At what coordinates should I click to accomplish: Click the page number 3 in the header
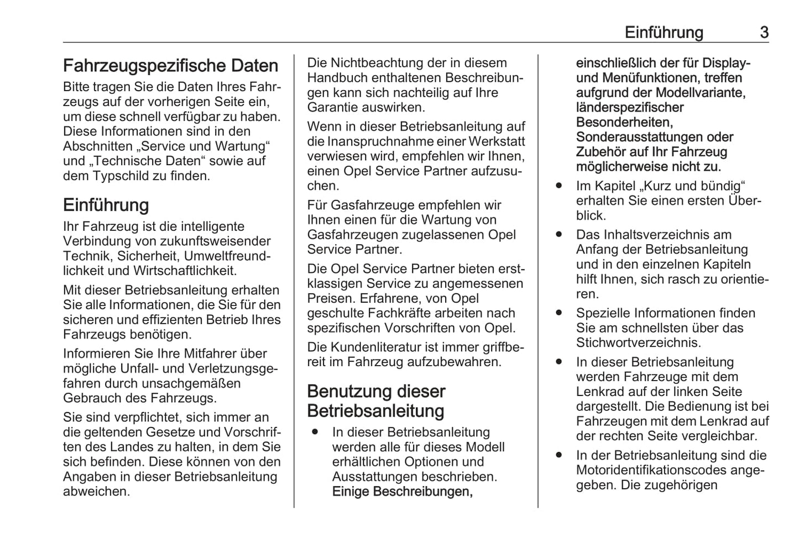764,33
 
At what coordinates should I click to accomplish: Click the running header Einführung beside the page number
664,33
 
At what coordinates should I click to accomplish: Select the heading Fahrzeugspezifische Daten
170,66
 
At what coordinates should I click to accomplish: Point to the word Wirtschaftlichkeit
185,271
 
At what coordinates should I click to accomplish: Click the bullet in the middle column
314,432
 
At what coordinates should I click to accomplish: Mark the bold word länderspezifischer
629,108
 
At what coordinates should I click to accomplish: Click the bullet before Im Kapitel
559,186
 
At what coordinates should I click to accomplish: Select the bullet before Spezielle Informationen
559,313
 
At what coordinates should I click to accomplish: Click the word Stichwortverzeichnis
638,343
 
